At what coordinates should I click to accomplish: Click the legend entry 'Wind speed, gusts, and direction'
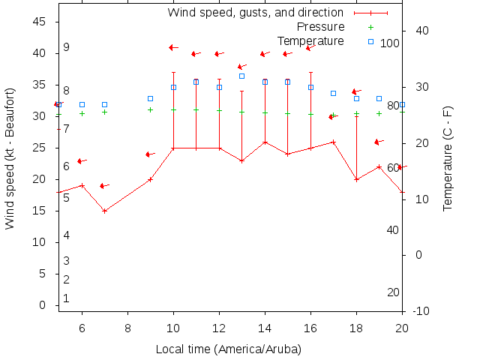click(255, 13)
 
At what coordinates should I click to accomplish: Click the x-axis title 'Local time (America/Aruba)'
click(228, 349)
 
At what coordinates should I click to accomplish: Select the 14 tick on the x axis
click(265, 327)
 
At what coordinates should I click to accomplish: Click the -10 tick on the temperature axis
click(421, 311)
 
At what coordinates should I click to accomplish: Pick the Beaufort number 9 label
click(66, 47)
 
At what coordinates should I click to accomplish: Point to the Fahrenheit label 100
click(389, 43)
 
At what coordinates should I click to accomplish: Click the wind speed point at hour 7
click(104, 211)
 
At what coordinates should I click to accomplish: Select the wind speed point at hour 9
click(150, 179)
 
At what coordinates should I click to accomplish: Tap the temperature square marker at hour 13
click(241, 76)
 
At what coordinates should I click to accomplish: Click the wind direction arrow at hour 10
click(173, 47)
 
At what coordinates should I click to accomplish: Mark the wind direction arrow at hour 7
click(104, 185)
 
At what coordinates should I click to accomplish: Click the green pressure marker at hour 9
click(150, 109)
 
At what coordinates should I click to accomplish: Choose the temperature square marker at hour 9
click(150, 98)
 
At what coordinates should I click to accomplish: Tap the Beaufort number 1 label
click(66, 298)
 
